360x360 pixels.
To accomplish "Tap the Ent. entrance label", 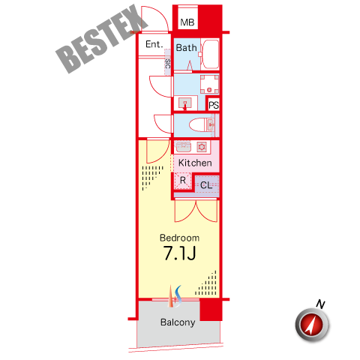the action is [x=154, y=44].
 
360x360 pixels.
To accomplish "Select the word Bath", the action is [x=186, y=48].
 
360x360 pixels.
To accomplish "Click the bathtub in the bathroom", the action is [x=210, y=54].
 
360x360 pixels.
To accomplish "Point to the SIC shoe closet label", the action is [x=168, y=64].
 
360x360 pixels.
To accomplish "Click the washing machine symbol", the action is [x=209, y=85].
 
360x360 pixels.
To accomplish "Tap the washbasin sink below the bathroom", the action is [x=185, y=103].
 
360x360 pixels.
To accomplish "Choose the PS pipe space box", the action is [x=214, y=105].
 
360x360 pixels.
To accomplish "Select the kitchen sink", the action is [x=184, y=147].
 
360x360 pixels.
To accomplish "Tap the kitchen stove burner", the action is [x=202, y=147].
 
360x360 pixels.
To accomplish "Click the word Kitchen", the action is [x=195, y=163].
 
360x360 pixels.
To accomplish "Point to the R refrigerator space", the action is [x=183, y=180].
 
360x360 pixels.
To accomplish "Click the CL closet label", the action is [x=206, y=185].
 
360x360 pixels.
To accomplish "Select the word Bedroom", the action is [x=179, y=238].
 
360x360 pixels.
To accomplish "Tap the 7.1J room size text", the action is [x=179, y=253].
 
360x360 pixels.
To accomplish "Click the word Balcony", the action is [x=178, y=322].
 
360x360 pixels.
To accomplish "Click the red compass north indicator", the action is [x=312, y=325].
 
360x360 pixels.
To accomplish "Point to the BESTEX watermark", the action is [x=102, y=39].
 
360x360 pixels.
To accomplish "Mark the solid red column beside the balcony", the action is [x=211, y=310].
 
